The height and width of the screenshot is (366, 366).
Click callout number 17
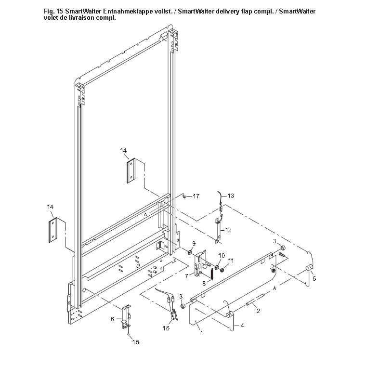pos(196,196)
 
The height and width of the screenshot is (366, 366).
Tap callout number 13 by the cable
pos(231,196)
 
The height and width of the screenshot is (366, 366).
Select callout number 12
pos(228,230)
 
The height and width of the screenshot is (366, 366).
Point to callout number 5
pos(314,278)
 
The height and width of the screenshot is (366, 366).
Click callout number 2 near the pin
pos(258,311)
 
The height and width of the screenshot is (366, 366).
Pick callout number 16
pos(166,328)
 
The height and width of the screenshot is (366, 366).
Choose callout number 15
pos(136,342)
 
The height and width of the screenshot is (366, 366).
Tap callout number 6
pos(112,319)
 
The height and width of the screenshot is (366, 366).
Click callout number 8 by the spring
pos(204,284)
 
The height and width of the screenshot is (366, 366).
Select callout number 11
pos(231,261)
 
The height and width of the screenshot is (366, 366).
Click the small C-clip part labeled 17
pos(184,196)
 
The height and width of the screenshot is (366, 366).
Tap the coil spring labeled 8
pos(211,274)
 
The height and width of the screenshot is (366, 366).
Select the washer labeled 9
pos(189,252)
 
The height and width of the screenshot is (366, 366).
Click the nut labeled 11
pos(222,270)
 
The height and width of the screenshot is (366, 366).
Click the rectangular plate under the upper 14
pos(131,170)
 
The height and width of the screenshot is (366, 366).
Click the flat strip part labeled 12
pos(219,231)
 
